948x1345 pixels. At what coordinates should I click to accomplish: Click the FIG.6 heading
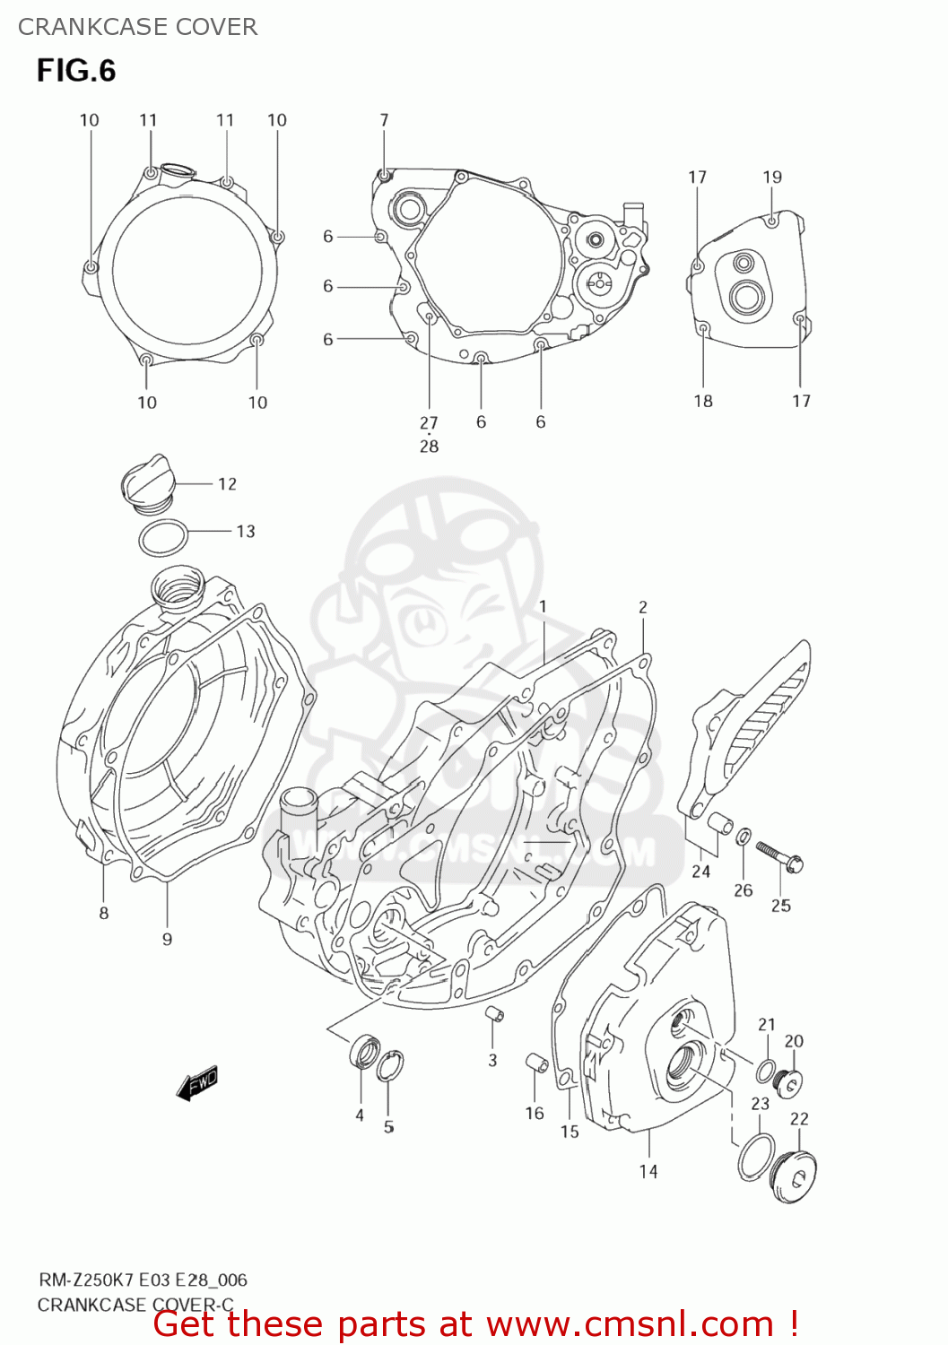point(76,71)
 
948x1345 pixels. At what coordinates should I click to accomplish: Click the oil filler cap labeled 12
point(144,483)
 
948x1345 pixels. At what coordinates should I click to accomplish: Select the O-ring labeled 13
point(163,538)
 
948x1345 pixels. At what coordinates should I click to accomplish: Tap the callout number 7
point(384,120)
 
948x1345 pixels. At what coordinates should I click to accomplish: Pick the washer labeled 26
point(744,837)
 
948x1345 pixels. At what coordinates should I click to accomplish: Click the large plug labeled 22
point(793,1172)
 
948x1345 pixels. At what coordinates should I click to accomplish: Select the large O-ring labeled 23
point(756,1157)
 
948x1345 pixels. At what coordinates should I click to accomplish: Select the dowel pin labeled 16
point(536,1063)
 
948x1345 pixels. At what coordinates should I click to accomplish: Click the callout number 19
point(772,178)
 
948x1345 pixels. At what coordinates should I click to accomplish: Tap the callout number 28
point(429,446)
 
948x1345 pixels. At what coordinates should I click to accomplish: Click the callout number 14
point(648,1171)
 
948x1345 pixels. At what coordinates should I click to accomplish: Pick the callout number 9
point(167,939)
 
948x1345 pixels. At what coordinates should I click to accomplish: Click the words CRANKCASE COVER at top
point(137,27)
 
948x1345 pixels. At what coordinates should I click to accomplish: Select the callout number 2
point(643,607)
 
